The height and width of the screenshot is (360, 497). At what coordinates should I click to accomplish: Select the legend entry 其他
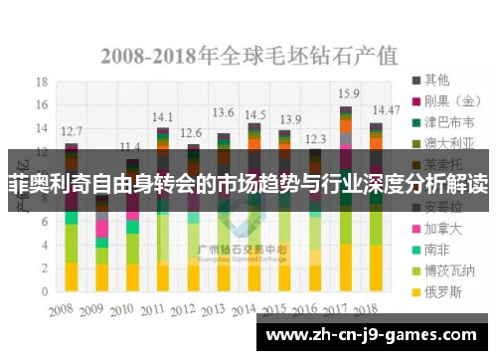tap(436, 79)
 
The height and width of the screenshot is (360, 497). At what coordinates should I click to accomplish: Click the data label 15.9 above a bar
tap(348, 93)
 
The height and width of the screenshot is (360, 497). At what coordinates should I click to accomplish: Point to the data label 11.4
tap(130, 146)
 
